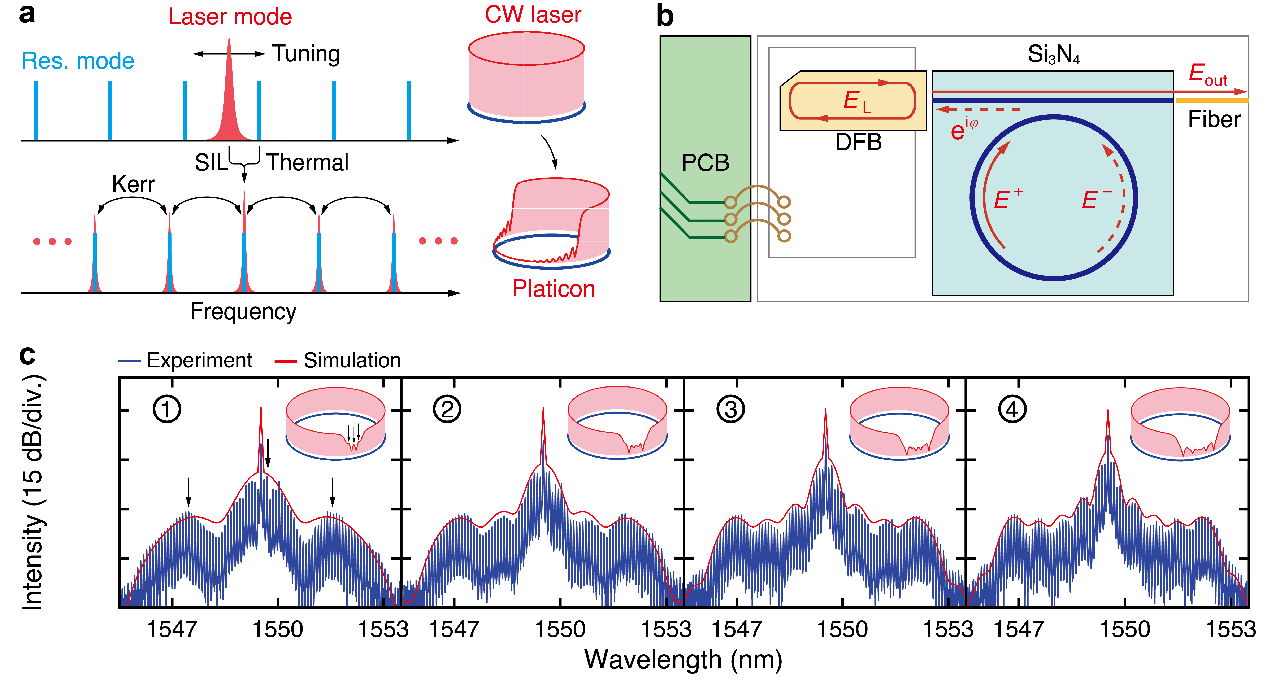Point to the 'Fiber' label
pos(1214,119)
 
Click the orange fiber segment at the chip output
pos(1211,100)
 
